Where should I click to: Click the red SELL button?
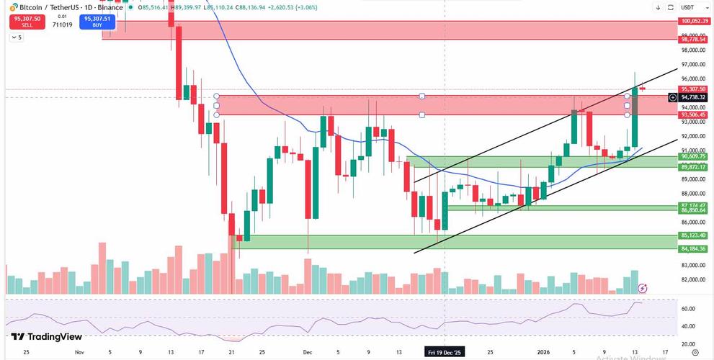tap(27, 21)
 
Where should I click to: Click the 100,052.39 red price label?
tap(693, 22)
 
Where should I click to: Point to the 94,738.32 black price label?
tap(693, 97)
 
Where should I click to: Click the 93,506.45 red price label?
tap(693, 114)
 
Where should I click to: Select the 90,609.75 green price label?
tap(693, 156)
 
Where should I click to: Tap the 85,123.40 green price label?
tap(693, 235)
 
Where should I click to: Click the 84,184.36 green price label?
tap(693, 249)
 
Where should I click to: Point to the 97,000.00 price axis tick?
tap(693, 65)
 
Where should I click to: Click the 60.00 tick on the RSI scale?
tap(688, 309)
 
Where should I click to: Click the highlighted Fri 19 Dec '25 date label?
tap(445, 353)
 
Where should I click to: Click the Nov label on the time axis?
tap(79, 353)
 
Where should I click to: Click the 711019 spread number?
tap(62, 24)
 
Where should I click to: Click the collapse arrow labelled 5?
tap(17, 37)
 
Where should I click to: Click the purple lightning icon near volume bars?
tap(643, 287)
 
